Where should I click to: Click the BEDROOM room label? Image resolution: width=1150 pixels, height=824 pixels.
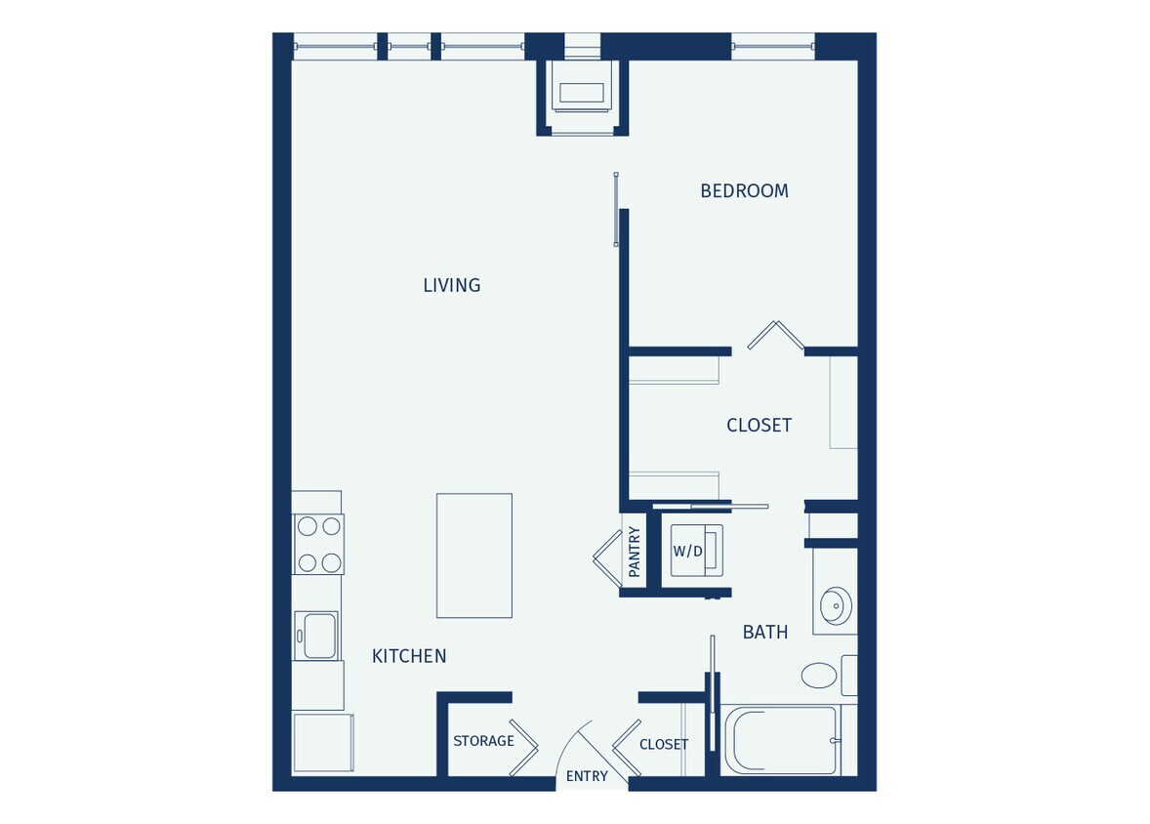point(744,191)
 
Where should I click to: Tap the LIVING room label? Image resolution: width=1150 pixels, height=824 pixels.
point(451,285)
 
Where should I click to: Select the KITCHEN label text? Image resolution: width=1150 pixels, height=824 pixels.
point(409,656)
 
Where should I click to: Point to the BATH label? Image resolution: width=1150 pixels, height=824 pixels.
point(764,633)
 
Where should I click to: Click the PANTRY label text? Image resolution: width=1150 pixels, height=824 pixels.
point(635,552)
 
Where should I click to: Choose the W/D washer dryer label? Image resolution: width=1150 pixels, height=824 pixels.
point(687,552)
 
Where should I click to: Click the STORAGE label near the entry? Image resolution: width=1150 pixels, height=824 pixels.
point(483,741)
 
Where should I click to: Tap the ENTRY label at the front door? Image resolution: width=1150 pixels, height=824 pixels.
point(587,777)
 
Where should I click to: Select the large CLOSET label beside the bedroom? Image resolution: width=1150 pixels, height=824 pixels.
point(759,426)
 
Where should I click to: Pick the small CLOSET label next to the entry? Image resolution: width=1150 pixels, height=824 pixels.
point(664,744)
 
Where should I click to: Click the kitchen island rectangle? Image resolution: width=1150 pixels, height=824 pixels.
point(473,556)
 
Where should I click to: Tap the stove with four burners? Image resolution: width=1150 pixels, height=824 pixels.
point(318,545)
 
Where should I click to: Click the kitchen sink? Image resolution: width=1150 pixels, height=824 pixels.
point(318,636)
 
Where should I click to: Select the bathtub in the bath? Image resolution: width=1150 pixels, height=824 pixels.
point(781,740)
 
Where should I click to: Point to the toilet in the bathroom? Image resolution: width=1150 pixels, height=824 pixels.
point(820,675)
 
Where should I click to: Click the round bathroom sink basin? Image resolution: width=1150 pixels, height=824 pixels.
point(836,605)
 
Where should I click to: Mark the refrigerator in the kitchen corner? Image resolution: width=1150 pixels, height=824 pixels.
point(322,742)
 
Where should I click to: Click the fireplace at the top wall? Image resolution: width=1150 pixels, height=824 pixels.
point(582,94)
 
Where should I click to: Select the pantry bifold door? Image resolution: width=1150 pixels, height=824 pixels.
point(606,559)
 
